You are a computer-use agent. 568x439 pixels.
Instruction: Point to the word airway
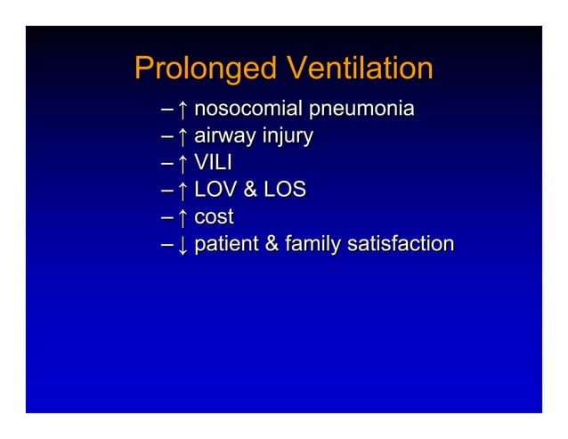223,137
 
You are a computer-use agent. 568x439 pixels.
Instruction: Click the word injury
285,137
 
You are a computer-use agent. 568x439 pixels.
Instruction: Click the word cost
214,216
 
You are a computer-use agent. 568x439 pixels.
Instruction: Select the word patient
226,243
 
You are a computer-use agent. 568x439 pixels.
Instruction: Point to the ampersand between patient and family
270,243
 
